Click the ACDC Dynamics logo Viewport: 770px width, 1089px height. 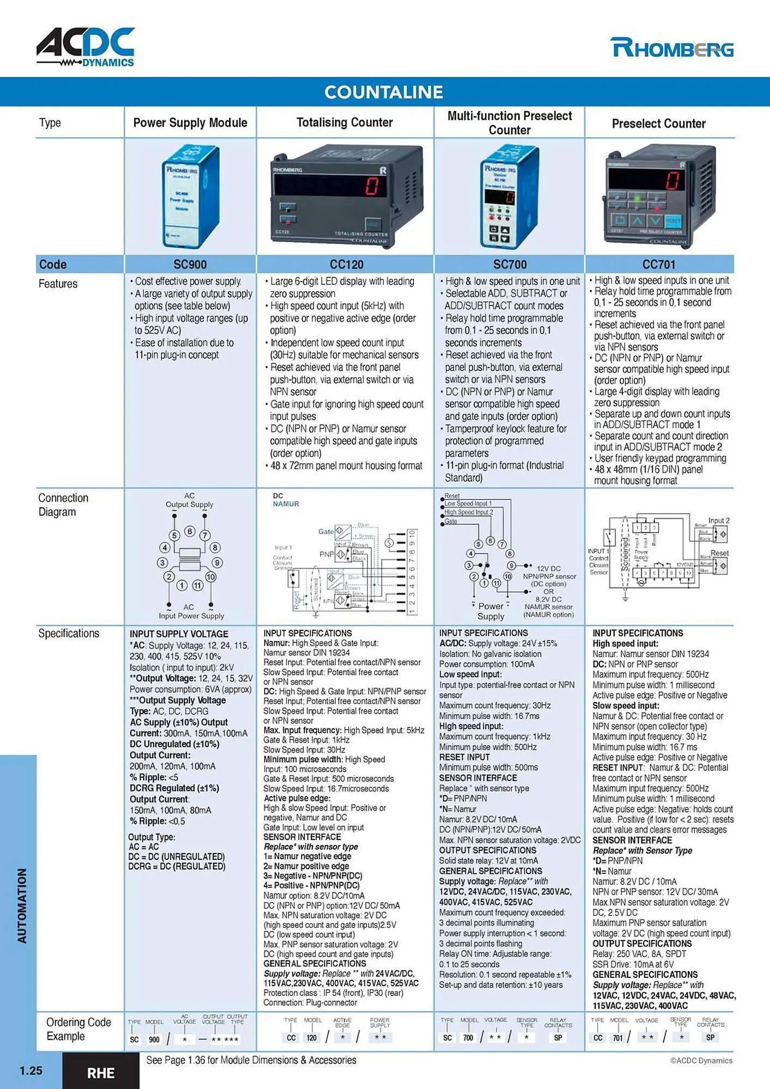85,47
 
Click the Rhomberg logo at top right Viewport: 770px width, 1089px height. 671,48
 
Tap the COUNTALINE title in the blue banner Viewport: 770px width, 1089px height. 384,92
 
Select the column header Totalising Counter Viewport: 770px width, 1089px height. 344,123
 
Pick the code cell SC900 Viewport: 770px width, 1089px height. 190,265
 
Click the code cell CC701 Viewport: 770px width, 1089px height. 658,265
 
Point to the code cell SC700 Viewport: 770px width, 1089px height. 510,265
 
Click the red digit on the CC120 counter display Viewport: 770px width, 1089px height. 372,186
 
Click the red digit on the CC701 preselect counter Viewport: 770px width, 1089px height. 673,180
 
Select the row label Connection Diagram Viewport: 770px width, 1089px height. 63,505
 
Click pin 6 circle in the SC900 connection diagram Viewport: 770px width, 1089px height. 190,531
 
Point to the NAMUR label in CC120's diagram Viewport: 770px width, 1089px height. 286,504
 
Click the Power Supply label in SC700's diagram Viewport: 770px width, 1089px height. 491,611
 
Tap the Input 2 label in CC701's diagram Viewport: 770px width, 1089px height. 718,521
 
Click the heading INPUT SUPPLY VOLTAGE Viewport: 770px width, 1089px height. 179,634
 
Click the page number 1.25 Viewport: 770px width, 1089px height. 30,1070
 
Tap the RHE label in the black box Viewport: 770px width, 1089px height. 101,1073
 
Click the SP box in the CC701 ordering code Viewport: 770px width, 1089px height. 710,1038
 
